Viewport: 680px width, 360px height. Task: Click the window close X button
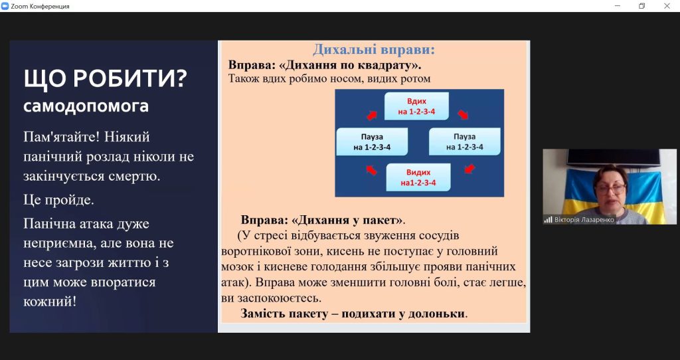coord(667,5)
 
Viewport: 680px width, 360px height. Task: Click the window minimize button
coord(617,5)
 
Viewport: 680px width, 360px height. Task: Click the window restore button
coord(642,5)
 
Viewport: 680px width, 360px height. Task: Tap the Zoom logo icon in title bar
coord(5,6)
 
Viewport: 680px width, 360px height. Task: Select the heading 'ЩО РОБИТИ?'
coord(106,78)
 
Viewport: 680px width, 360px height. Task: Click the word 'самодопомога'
coord(86,106)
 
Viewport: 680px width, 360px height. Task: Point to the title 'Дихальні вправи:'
coord(374,49)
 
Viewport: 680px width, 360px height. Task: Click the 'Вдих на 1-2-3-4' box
coord(416,106)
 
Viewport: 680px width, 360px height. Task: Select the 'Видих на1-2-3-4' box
coord(418,177)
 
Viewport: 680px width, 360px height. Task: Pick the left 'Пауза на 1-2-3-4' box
coord(372,142)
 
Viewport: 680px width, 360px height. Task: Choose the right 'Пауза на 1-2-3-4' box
coord(464,142)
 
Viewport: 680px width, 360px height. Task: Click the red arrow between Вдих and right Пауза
coord(463,114)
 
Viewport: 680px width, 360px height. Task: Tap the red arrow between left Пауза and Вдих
coord(372,115)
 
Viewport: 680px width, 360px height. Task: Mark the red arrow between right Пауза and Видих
coord(469,169)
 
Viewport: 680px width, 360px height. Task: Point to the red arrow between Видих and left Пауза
coord(371,170)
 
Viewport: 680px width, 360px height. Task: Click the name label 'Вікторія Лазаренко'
coord(584,219)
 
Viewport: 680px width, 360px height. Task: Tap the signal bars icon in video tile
coord(549,219)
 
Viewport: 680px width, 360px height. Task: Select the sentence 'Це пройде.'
coord(58,200)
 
